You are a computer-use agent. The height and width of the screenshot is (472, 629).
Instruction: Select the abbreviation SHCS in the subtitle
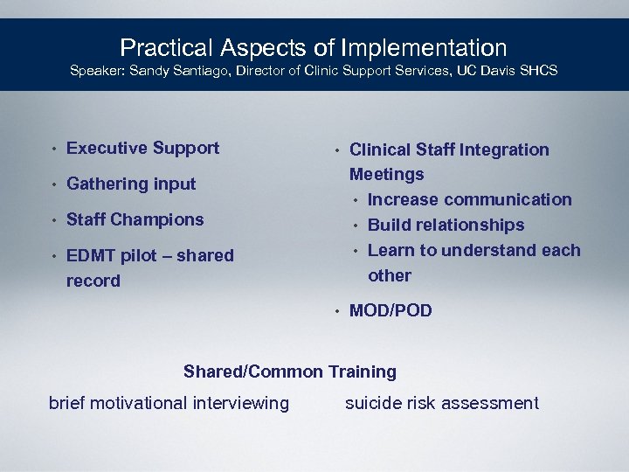[x=540, y=70]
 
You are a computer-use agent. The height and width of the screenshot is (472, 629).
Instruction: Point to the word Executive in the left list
[x=105, y=148]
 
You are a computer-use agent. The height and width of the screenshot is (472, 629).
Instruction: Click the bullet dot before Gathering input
[x=54, y=184]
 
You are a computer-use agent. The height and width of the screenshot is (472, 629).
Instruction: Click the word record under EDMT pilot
[x=93, y=281]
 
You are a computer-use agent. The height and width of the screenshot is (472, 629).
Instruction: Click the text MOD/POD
[x=391, y=310]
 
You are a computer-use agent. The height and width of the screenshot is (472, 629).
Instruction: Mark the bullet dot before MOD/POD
[x=337, y=311]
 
